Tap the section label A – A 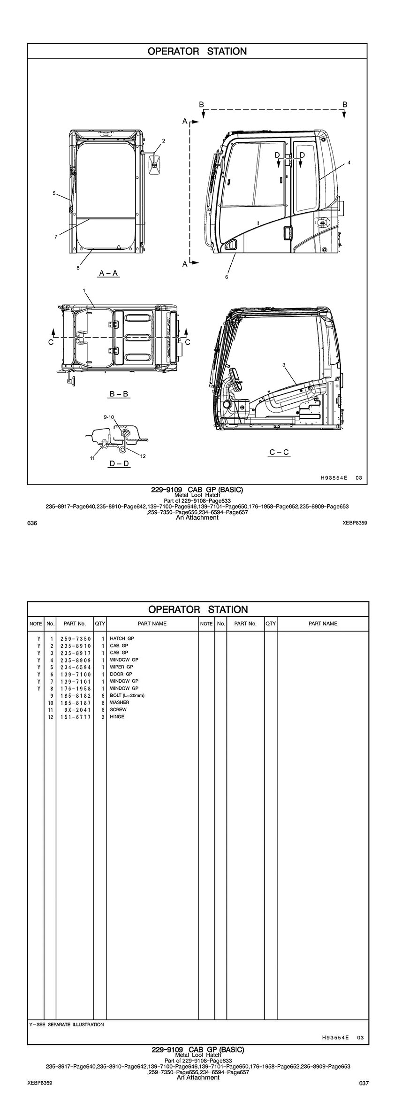pyautogui.click(x=108, y=273)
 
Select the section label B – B pyautogui.click(x=119, y=394)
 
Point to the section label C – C pyautogui.click(x=279, y=453)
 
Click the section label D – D pyautogui.click(x=119, y=464)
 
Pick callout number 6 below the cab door pyautogui.click(x=227, y=277)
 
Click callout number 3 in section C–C pyautogui.click(x=284, y=364)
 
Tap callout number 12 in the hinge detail pyautogui.click(x=143, y=456)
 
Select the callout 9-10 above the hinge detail pyautogui.click(x=108, y=417)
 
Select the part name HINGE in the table pyautogui.click(x=117, y=717)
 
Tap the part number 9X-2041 pyautogui.click(x=77, y=710)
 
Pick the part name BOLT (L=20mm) pyautogui.click(x=127, y=695)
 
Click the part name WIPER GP pyautogui.click(x=121, y=667)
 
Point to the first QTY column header pyautogui.click(x=100, y=624)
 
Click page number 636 pyautogui.click(x=32, y=523)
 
